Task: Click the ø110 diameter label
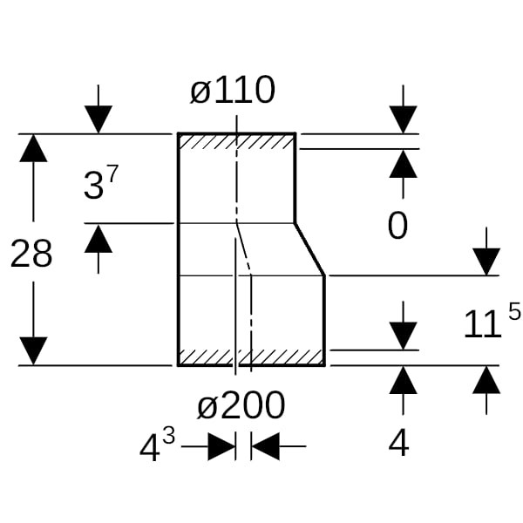click(233, 91)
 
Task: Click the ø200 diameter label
click(241, 405)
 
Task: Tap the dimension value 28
click(31, 254)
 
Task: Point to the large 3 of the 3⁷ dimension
click(93, 187)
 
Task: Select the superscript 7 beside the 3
click(112, 174)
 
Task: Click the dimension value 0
click(397, 227)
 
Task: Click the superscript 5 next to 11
click(514, 311)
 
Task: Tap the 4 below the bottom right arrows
click(398, 444)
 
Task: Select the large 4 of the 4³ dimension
click(150, 449)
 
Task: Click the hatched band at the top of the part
click(236, 141)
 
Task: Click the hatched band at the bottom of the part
click(251, 357)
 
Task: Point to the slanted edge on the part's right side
click(310, 249)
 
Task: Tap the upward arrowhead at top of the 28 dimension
click(33, 148)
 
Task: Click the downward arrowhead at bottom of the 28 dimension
click(33, 350)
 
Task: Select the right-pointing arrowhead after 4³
click(221, 447)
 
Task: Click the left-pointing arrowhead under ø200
click(265, 447)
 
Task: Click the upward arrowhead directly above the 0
click(403, 163)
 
